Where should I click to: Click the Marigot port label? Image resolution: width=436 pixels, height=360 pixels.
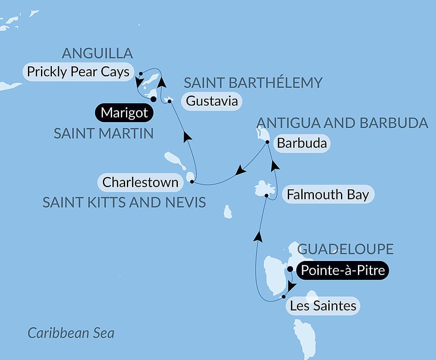(x=124, y=113)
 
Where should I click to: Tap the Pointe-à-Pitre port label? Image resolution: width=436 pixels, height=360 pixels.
(x=342, y=271)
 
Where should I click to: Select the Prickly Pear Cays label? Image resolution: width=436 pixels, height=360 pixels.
(x=78, y=72)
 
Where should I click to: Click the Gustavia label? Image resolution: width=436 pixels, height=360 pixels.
(x=212, y=101)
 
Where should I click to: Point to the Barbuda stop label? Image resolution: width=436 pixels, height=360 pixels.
(x=302, y=143)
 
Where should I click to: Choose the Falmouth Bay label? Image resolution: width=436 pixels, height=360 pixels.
(x=328, y=195)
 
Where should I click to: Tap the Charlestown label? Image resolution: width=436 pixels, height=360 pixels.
(x=140, y=182)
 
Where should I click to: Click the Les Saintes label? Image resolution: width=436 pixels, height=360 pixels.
(x=323, y=306)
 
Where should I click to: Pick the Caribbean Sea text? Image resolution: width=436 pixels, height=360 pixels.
(x=71, y=333)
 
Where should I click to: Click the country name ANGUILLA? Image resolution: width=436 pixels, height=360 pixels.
(x=97, y=53)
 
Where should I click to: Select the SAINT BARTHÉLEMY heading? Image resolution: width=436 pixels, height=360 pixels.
(x=253, y=82)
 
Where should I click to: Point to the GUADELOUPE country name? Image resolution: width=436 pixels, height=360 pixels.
(x=345, y=249)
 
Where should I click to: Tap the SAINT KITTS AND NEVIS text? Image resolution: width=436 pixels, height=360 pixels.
(x=124, y=202)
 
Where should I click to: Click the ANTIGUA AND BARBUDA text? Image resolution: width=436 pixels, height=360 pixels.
(x=343, y=123)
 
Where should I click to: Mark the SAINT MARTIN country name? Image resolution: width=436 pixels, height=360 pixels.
(x=104, y=134)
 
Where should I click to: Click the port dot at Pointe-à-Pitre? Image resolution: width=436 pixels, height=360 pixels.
(x=290, y=269)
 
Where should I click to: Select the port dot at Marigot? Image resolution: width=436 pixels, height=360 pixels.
(x=153, y=99)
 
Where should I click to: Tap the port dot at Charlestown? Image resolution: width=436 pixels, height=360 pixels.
(x=192, y=182)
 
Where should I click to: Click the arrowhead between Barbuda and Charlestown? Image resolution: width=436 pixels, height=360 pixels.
(x=240, y=171)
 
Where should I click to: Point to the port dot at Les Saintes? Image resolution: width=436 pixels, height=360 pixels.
(x=284, y=297)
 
